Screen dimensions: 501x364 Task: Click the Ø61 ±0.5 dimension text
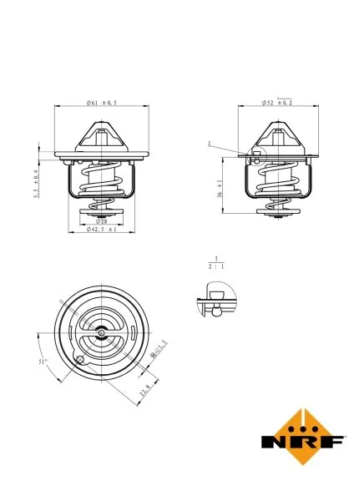pos(101,103)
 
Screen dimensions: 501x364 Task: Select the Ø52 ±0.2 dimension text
pos(276,103)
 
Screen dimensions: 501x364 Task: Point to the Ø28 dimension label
pos(100,221)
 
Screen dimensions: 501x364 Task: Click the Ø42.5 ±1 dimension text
pos(101,230)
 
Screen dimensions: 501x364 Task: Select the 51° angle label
pos(43,362)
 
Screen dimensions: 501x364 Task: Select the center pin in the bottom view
pos(101,333)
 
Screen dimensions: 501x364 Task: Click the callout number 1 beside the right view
pos(210,143)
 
